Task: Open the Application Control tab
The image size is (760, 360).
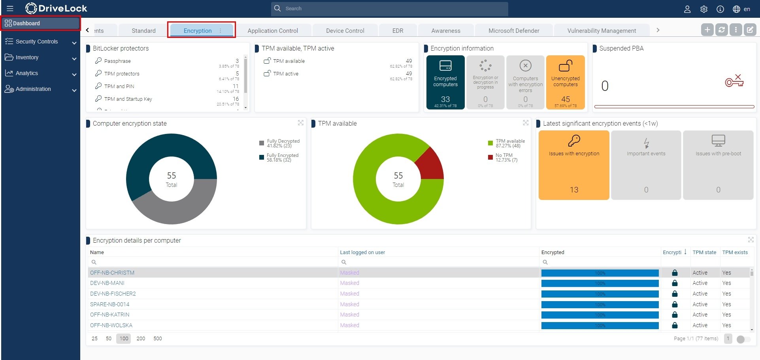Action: (x=273, y=31)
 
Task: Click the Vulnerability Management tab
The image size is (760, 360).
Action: (x=602, y=31)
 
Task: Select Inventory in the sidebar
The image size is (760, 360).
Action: (x=27, y=57)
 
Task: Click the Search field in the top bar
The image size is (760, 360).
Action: (x=389, y=9)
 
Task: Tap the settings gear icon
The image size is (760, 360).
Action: (x=704, y=9)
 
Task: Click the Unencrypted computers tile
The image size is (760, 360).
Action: (x=565, y=82)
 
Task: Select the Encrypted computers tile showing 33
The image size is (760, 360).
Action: (x=445, y=82)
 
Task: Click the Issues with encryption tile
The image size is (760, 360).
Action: (x=574, y=165)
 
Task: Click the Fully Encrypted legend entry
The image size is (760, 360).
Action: (x=282, y=158)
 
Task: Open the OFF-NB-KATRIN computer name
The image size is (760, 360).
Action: (x=110, y=315)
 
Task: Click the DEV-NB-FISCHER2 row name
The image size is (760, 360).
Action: (x=113, y=294)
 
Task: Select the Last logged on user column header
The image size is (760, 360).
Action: (x=362, y=252)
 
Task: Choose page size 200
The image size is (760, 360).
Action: (x=141, y=339)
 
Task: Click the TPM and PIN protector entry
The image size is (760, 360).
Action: (x=119, y=86)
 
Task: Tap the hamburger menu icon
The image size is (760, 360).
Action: (x=10, y=8)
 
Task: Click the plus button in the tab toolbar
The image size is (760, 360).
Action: (x=707, y=30)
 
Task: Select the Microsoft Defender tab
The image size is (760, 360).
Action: (x=514, y=31)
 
